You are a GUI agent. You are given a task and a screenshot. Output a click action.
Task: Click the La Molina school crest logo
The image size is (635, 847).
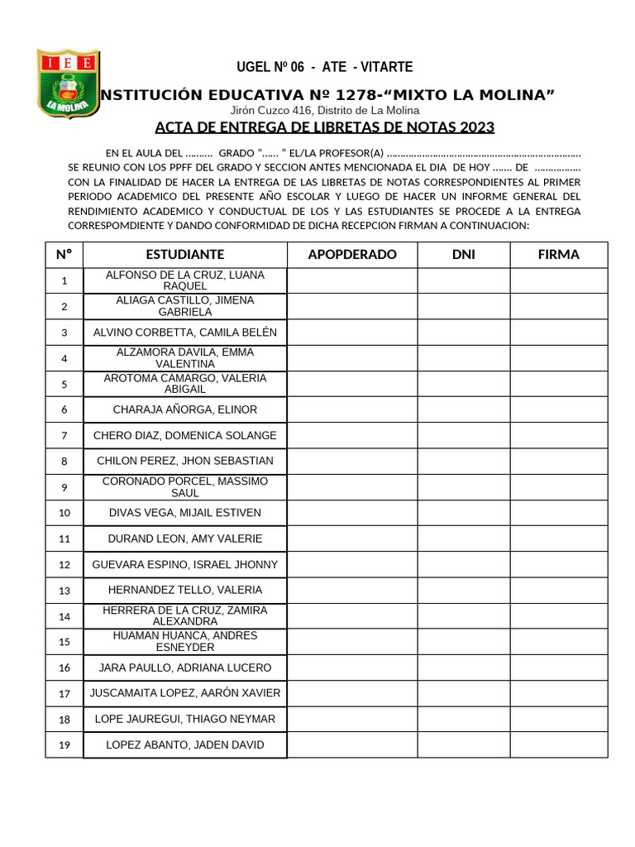tap(69, 83)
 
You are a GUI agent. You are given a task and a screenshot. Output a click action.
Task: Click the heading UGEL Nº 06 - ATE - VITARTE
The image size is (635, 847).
tap(325, 67)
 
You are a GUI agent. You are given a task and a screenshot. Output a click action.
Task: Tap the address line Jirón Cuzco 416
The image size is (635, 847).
tap(325, 110)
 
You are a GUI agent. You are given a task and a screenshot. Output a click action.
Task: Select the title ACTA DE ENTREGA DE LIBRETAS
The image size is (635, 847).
tap(325, 127)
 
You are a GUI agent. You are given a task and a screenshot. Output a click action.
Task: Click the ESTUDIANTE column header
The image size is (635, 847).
tap(185, 255)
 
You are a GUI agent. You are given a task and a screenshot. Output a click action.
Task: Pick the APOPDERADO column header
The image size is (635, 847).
tap(352, 255)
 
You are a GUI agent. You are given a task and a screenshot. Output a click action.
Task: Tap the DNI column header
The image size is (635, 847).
tap(464, 255)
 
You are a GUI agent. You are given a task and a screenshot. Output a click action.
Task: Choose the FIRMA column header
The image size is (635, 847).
tap(559, 255)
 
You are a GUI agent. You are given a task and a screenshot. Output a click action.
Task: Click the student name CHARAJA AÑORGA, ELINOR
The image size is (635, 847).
tap(185, 409)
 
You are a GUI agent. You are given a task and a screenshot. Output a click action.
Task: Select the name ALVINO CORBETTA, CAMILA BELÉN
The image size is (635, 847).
tap(185, 333)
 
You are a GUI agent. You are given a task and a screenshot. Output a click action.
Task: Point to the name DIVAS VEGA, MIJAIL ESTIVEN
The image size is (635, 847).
tap(185, 513)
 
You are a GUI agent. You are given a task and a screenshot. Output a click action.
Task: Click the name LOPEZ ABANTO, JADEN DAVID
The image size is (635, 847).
tap(185, 745)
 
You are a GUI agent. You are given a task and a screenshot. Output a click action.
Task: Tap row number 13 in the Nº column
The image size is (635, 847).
tap(64, 591)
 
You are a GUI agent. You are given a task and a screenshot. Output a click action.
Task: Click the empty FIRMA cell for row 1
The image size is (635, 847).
tap(559, 281)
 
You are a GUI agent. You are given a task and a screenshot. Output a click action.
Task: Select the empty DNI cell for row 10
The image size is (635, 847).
tap(464, 513)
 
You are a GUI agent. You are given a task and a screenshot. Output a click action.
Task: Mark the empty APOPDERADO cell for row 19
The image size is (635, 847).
tap(352, 745)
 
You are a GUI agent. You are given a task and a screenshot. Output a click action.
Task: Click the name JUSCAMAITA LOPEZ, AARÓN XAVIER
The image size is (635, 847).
tap(185, 693)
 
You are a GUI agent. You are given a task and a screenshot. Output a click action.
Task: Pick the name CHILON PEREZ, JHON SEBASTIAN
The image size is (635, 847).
tap(185, 461)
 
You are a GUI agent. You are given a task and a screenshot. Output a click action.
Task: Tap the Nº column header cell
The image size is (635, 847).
tap(64, 255)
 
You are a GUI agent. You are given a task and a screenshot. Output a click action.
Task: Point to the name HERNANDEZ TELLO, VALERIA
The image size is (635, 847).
tap(185, 591)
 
